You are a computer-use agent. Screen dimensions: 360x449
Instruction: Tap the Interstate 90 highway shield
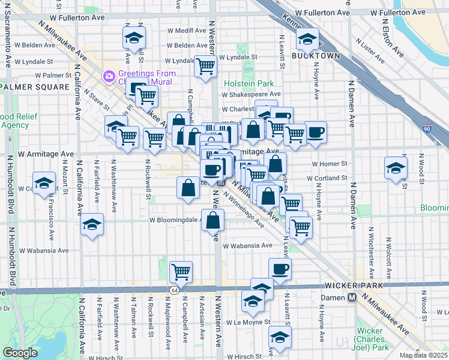(x=426, y=128)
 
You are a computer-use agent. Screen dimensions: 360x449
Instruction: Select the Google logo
(x=20, y=353)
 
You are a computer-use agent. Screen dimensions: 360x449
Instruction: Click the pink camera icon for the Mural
(x=109, y=76)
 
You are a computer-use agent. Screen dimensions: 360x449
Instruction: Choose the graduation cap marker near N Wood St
(x=396, y=167)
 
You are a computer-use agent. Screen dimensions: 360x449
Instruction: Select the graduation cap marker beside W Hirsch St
(x=280, y=338)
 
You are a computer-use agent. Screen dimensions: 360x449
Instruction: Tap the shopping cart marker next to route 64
(x=181, y=272)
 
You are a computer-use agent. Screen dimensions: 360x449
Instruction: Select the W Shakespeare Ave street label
(x=250, y=94)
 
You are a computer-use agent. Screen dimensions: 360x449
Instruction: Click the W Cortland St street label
(x=329, y=178)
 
